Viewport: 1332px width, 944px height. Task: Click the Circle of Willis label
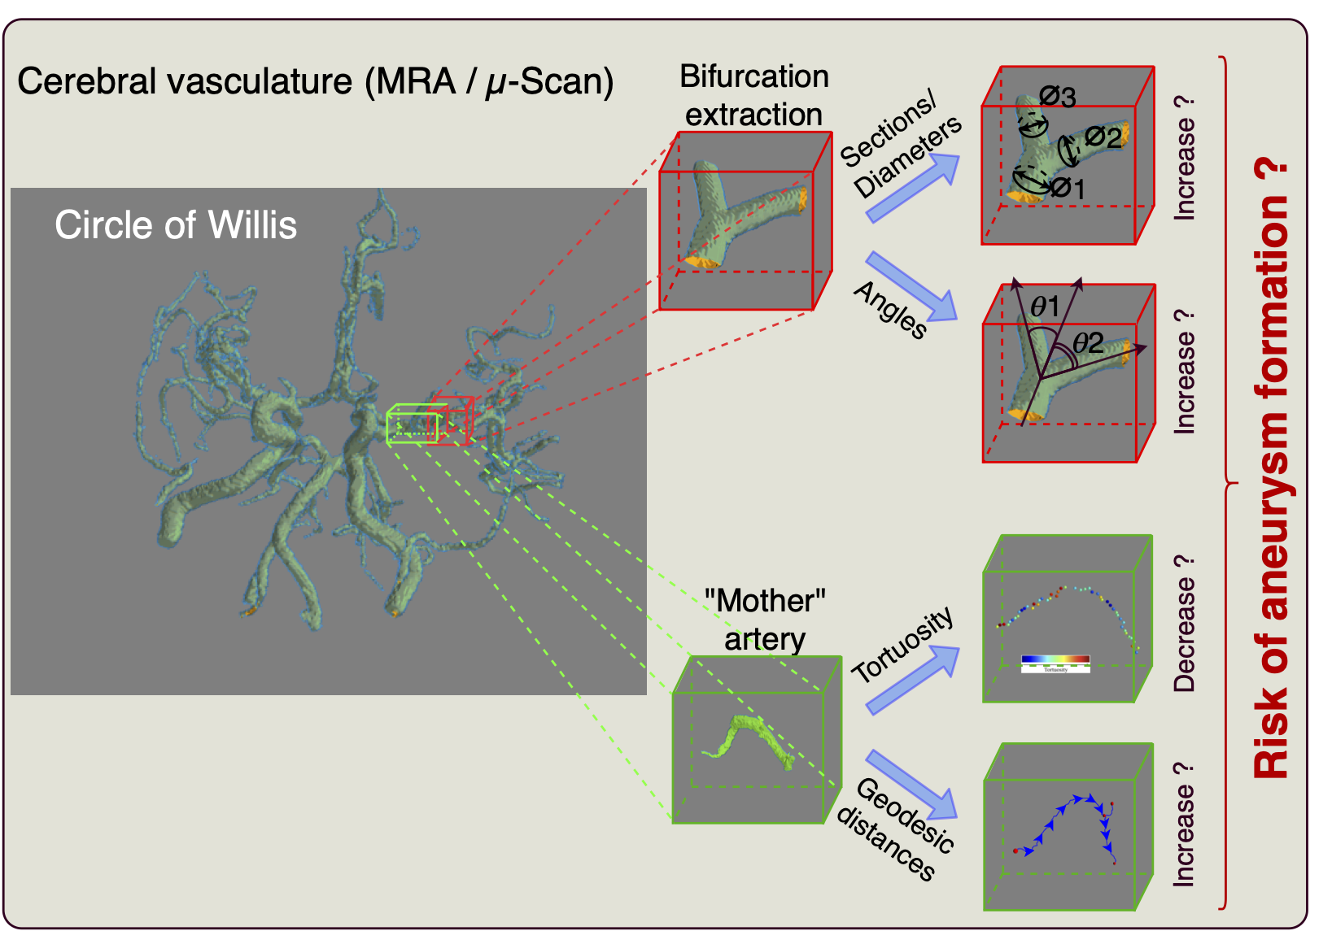coord(176,225)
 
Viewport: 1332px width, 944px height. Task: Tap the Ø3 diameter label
coord(1058,97)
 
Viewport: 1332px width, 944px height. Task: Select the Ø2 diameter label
coord(1103,137)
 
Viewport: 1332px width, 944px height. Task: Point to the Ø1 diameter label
coord(1068,189)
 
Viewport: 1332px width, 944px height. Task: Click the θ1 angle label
coord(1045,307)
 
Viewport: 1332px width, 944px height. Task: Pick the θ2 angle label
coord(1088,342)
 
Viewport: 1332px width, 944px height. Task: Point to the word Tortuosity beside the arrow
coord(902,644)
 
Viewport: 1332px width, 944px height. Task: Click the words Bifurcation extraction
coord(753,95)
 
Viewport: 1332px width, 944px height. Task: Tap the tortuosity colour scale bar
coord(1055,660)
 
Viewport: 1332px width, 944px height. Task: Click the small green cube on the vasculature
coord(412,424)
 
